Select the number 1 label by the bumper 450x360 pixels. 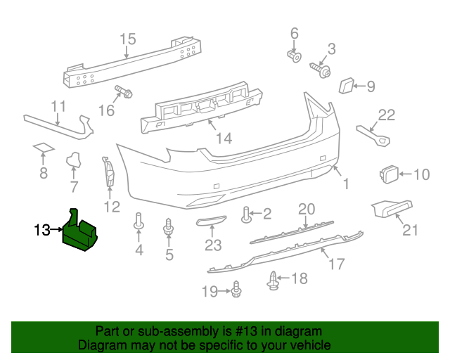(x=345, y=184)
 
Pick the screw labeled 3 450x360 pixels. (x=321, y=70)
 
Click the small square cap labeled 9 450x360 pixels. (x=347, y=86)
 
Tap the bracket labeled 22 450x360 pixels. (x=375, y=135)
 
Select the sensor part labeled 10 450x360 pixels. (x=388, y=173)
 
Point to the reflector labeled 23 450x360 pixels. (x=210, y=224)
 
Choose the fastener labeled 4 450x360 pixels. (x=139, y=222)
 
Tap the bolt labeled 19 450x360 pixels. (x=236, y=288)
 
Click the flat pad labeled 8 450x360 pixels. (x=44, y=148)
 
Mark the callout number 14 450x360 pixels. (x=224, y=139)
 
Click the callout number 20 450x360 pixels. (x=306, y=209)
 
